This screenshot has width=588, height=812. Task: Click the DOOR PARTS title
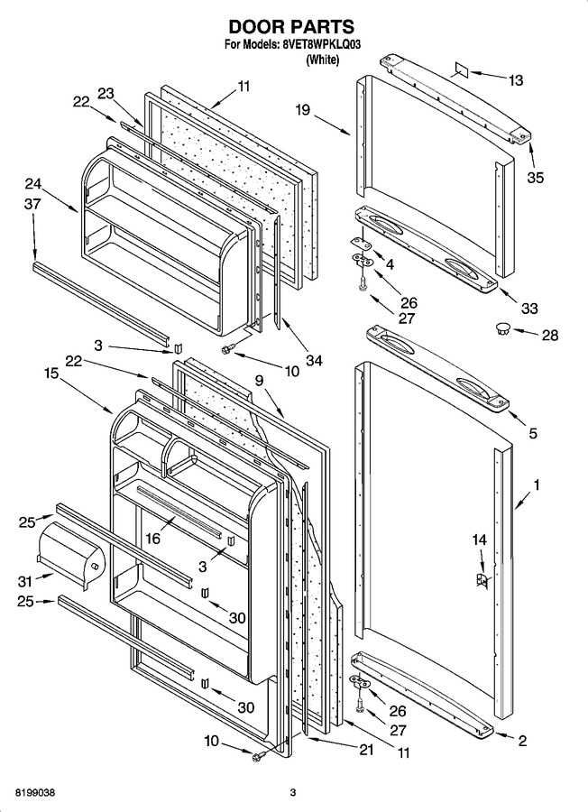click(291, 26)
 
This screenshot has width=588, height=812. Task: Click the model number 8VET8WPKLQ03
click(321, 45)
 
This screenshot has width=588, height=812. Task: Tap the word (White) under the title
click(323, 60)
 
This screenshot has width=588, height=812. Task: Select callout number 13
click(515, 81)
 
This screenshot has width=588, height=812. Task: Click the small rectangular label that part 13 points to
click(461, 69)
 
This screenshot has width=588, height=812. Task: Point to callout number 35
click(536, 178)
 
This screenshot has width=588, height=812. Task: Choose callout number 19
click(303, 110)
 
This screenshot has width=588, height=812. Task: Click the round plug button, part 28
click(502, 328)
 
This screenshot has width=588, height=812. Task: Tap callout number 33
click(529, 309)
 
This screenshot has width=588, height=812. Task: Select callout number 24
click(33, 184)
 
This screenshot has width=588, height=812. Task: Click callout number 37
click(32, 204)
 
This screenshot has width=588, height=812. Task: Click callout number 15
click(51, 373)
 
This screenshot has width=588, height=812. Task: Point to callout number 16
click(152, 539)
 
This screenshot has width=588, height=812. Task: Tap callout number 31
click(25, 582)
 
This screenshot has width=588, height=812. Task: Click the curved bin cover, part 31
click(71, 556)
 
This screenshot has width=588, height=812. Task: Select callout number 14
click(479, 540)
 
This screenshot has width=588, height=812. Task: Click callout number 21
click(366, 750)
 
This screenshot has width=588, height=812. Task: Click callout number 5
click(533, 433)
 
